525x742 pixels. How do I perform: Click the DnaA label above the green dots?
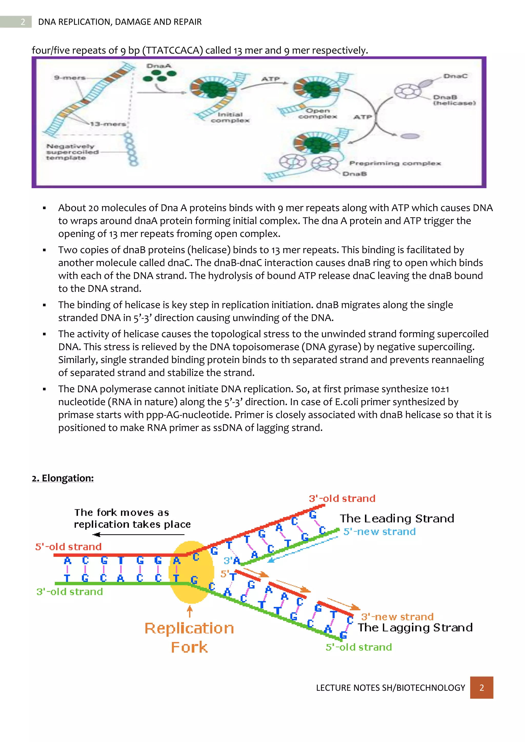pos(158,66)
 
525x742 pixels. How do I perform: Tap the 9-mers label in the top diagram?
pos(70,78)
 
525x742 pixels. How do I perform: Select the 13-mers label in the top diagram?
pos(108,124)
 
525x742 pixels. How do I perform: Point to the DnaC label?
pos(455,76)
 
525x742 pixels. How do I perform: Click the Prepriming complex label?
pos(395,163)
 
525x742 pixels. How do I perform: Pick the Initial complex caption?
pos(230,117)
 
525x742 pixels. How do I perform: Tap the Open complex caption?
pos(317,114)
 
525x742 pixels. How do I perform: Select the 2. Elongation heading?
pos(63,478)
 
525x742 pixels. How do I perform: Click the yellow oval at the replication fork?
pos(191,572)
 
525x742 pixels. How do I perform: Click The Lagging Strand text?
pos(415,627)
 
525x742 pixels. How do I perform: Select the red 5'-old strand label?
pos(68,547)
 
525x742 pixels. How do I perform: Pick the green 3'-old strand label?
pos(69,591)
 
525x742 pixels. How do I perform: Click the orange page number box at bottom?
pos(481,687)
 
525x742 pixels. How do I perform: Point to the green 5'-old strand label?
pos(359,647)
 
